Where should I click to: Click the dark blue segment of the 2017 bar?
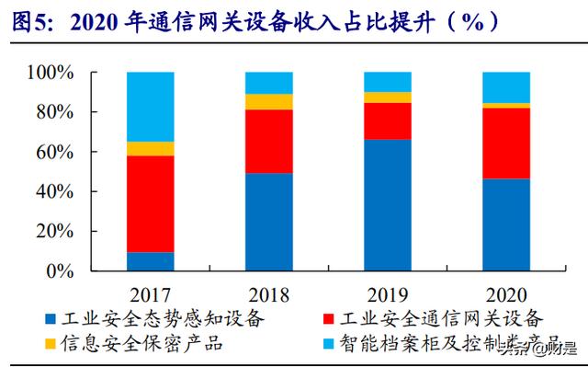[x=151, y=261]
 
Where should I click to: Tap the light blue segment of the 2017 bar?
[x=151, y=106]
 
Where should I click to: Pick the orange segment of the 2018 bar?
[x=269, y=101]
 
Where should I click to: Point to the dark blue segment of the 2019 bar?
[x=388, y=205]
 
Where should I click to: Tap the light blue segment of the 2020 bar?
[x=506, y=86]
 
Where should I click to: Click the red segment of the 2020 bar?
[x=506, y=143]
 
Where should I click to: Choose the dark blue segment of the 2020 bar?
[x=506, y=224]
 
